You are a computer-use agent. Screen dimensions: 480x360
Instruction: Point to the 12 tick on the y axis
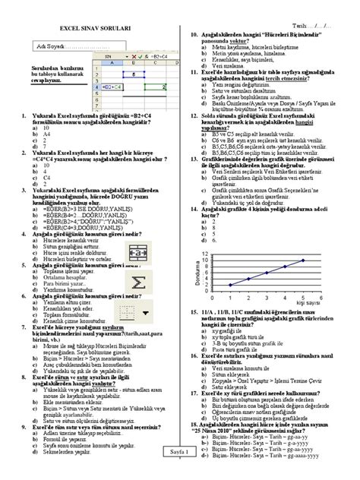[x=204, y=253]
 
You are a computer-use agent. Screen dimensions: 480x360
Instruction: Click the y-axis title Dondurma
[x=197, y=274]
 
